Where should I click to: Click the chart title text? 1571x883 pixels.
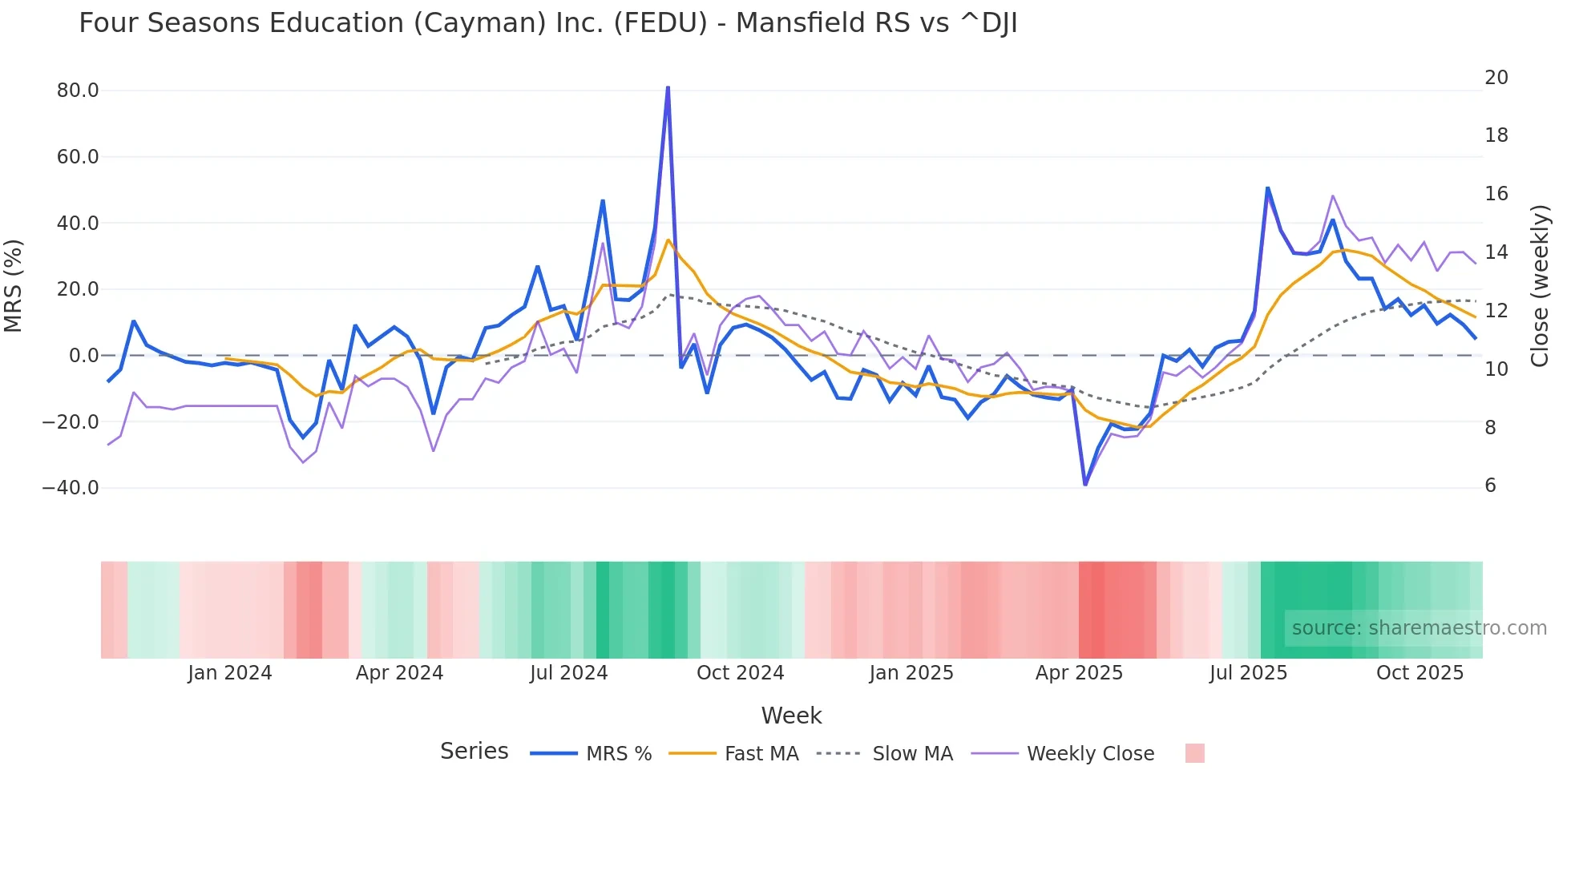point(547,23)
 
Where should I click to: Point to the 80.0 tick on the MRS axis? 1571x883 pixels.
point(78,91)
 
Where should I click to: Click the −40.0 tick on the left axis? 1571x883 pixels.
point(71,488)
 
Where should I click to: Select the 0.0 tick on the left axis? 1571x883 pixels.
point(83,356)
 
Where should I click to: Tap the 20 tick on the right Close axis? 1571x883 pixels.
point(1496,78)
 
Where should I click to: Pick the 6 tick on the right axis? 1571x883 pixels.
point(1490,486)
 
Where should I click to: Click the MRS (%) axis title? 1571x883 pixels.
point(14,286)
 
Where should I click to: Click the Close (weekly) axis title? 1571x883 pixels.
point(1540,286)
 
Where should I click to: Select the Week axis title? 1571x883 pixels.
point(791,716)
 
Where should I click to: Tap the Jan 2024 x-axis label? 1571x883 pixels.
point(230,673)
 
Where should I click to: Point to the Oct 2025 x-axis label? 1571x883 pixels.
point(1420,673)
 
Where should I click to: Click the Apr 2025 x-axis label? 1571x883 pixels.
point(1079,673)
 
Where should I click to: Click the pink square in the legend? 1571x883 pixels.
point(1194,753)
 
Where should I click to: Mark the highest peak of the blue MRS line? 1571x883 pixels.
point(668,87)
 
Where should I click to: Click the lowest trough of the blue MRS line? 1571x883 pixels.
point(1085,485)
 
